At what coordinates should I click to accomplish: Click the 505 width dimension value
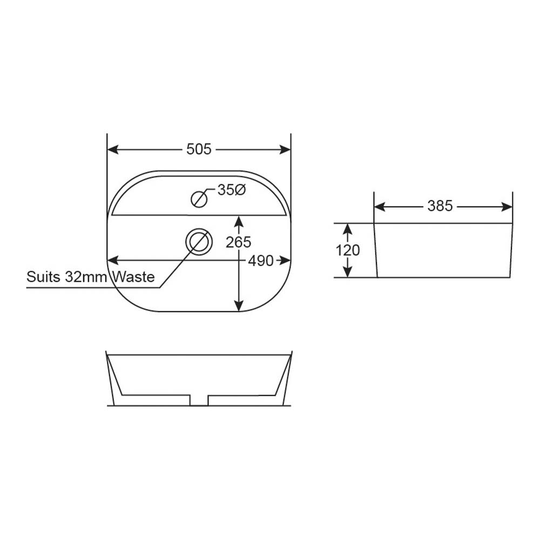pyautogui.click(x=199, y=150)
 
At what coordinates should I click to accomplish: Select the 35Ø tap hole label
pyautogui.click(x=232, y=190)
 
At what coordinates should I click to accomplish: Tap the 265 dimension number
pyautogui.click(x=238, y=242)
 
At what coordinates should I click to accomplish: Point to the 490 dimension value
pyautogui.click(x=261, y=261)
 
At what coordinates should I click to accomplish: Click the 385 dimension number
pyautogui.click(x=440, y=206)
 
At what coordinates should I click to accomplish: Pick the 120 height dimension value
pyautogui.click(x=347, y=251)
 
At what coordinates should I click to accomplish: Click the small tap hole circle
pyautogui.click(x=199, y=199)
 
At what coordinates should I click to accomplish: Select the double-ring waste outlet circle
pyautogui.click(x=199, y=241)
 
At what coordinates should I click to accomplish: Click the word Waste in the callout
pyautogui.click(x=134, y=277)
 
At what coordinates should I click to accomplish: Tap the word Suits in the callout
pyautogui.click(x=44, y=277)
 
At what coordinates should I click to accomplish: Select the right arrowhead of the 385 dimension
pyautogui.click(x=507, y=206)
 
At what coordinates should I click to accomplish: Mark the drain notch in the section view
pyautogui.click(x=199, y=400)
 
